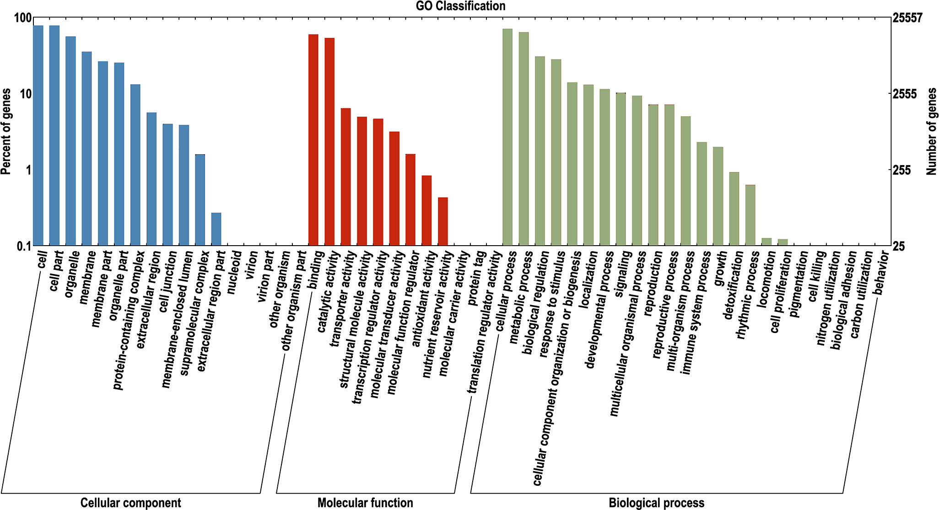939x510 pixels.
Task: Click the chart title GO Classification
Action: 460,6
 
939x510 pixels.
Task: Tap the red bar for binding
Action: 313,140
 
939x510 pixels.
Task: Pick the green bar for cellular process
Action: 507,137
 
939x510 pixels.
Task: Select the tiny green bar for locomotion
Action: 766,242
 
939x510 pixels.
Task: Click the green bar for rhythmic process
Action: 750,215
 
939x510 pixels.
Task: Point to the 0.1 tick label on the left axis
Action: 23,246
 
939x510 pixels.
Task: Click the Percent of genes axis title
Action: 6,132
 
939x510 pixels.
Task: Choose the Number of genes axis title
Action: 932,132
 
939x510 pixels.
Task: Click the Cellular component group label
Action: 131,503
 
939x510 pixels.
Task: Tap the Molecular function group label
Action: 365,503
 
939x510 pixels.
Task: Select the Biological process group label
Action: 656,503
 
